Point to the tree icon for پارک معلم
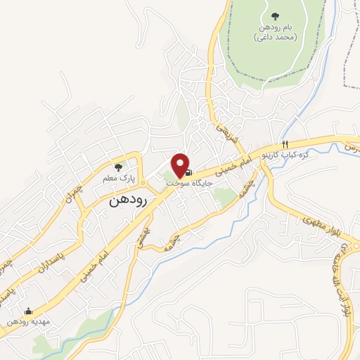coord(118,167)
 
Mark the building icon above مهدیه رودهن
coord(28,310)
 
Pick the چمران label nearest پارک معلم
coord(79,190)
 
